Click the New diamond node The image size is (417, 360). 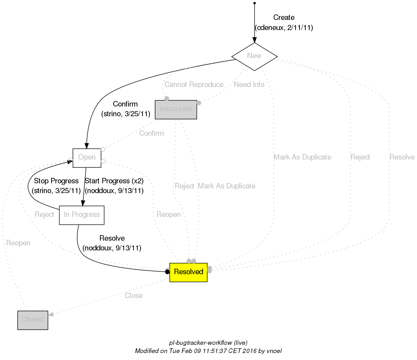tap(254, 56)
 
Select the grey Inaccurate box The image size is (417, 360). tap(176, 109)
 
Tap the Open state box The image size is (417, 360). tap(87, 158)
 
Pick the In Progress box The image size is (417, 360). tap(81, 215)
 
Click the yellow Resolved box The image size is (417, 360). tap(188, 272)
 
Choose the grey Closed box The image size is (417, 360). tap(32, 320)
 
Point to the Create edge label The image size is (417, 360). tap(283, 18)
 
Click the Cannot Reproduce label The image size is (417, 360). tap(194, 85)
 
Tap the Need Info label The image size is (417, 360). tap(249, 85)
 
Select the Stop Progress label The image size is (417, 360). tap(56, 181)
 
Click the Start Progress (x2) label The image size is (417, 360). tap(114, 181)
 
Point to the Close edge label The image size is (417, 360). tap(134, 296)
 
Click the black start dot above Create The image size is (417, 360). tap(255, 3)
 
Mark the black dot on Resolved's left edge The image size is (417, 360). tap(168, 272)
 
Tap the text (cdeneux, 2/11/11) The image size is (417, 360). tap(284, 28)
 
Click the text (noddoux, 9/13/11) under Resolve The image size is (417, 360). tap(112, 248)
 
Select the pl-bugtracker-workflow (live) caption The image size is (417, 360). tap(208, 343)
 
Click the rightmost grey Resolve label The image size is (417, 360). tap(402, 157)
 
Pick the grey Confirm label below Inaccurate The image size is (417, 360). tap(151, 133)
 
